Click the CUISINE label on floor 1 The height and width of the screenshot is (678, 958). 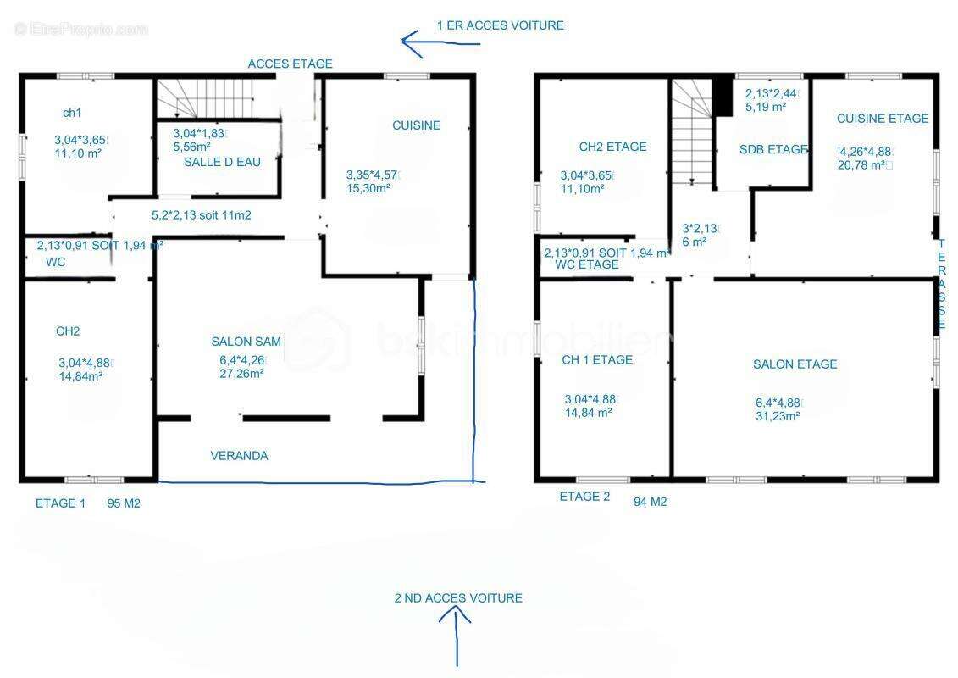pos(416,125)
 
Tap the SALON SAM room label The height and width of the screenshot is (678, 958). pos(246,342)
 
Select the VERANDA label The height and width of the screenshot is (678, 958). pos(239,455)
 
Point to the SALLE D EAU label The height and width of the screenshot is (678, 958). pos(223,162)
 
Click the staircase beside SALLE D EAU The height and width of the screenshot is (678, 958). pos(205,98)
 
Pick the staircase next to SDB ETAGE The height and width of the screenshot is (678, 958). pos(692,132)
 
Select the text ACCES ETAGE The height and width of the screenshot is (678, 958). pos(291,64)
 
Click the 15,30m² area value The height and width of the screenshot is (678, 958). pos(368,188)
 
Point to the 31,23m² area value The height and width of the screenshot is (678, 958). pos(778,416)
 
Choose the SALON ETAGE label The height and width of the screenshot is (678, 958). pos(795,364)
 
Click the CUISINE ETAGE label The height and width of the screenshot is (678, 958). pos(883,119)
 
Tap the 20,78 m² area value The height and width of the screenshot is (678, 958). pos(862,165)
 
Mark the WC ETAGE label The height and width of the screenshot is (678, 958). pos(586,264)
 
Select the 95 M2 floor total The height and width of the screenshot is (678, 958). pos(124,503)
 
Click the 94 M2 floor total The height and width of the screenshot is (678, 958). pos(650,502)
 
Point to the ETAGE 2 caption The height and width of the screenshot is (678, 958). pos(584,497)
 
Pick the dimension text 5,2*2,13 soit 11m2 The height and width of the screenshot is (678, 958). pos(201,215)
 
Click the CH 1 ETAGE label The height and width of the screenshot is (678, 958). pos(597,360)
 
